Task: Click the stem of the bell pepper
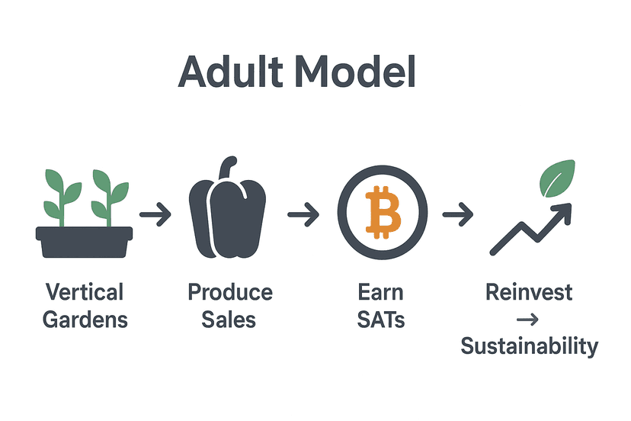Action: (228, 169)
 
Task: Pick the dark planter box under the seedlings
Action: (84, 240)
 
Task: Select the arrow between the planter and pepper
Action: (155, 216)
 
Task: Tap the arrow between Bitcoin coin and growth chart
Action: (457, 216)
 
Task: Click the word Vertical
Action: (85, 292)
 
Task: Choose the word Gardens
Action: (85, 319)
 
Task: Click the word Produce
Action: (230, 292)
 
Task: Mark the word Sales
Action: (229, 319)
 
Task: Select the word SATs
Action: (381, 319)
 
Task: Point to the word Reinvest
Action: (529, 292)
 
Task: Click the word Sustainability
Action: (529, 345)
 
